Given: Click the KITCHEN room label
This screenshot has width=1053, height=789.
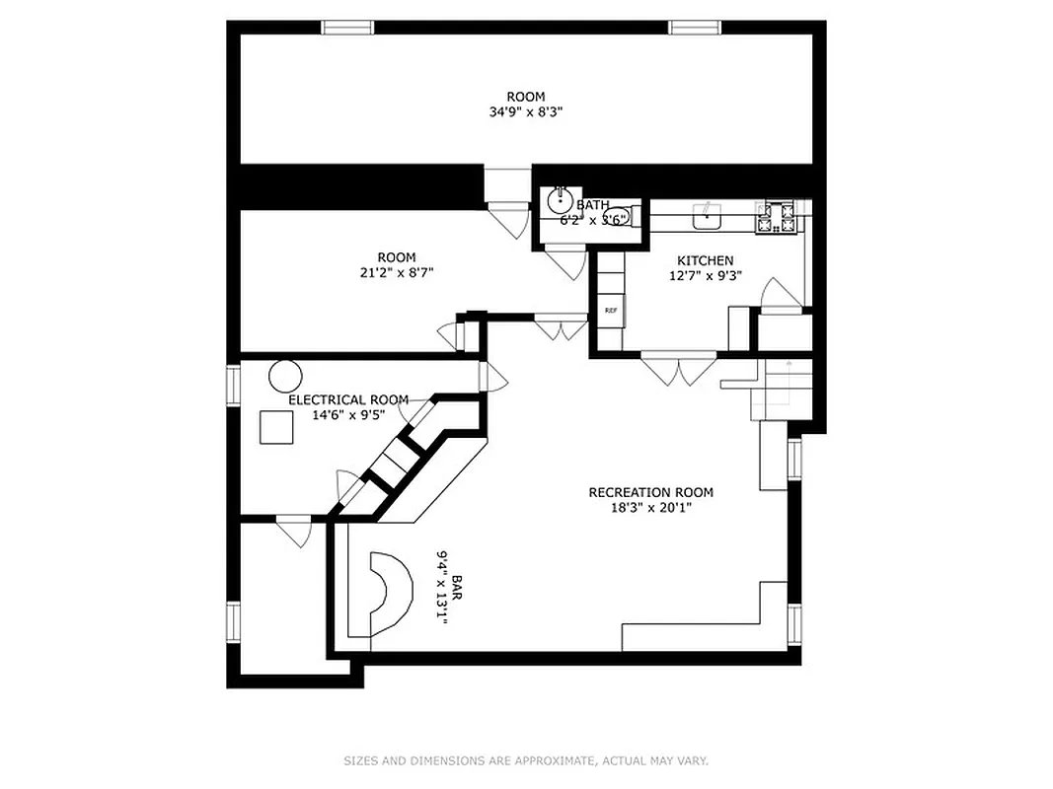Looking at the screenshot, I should coord(705,260).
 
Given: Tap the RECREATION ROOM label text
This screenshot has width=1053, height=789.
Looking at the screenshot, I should coord(650,492).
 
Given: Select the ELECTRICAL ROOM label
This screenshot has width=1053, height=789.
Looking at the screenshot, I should coord(347,399).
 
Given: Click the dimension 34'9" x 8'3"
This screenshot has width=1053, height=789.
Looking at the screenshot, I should coord(526,112).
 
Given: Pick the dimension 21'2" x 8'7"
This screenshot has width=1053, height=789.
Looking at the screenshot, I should coord(396,273).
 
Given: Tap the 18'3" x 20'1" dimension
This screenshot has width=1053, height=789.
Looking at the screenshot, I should coord(650,509).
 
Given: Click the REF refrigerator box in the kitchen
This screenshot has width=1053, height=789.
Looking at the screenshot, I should coord(611,311).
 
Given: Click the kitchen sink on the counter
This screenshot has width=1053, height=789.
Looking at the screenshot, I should coord(707,216).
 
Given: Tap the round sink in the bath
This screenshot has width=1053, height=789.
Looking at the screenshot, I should coord(562,201).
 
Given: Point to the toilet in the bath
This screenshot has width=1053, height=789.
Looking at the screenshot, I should coord(620,215).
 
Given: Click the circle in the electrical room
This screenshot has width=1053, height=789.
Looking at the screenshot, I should coord(284,376).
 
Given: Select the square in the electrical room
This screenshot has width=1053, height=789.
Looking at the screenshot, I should coord(276,427).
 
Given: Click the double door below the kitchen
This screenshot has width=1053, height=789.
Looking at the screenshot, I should coord(678,367).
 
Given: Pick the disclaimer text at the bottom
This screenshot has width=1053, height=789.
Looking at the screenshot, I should coord(526,760).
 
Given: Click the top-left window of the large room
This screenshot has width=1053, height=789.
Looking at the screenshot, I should coord(348,27).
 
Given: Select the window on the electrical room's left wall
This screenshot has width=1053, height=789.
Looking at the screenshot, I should coord(233,385).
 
